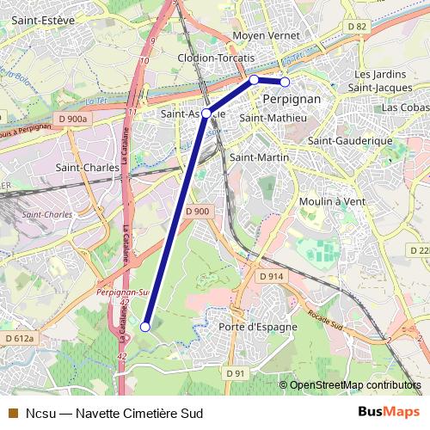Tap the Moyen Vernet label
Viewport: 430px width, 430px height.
tap(267, 36)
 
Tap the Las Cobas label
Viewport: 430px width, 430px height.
tap(405, 107)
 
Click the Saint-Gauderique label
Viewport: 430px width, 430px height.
tap(350, 140)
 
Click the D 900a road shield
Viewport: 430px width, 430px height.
tap(75, 118)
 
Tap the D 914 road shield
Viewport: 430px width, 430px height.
tap(272, 276)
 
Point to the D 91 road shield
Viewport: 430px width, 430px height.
tap(236, 372)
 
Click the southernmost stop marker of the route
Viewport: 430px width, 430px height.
tap(145, 327)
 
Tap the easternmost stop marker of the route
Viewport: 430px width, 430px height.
tap(285, 83)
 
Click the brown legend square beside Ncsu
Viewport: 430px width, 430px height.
tap(12, 412)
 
